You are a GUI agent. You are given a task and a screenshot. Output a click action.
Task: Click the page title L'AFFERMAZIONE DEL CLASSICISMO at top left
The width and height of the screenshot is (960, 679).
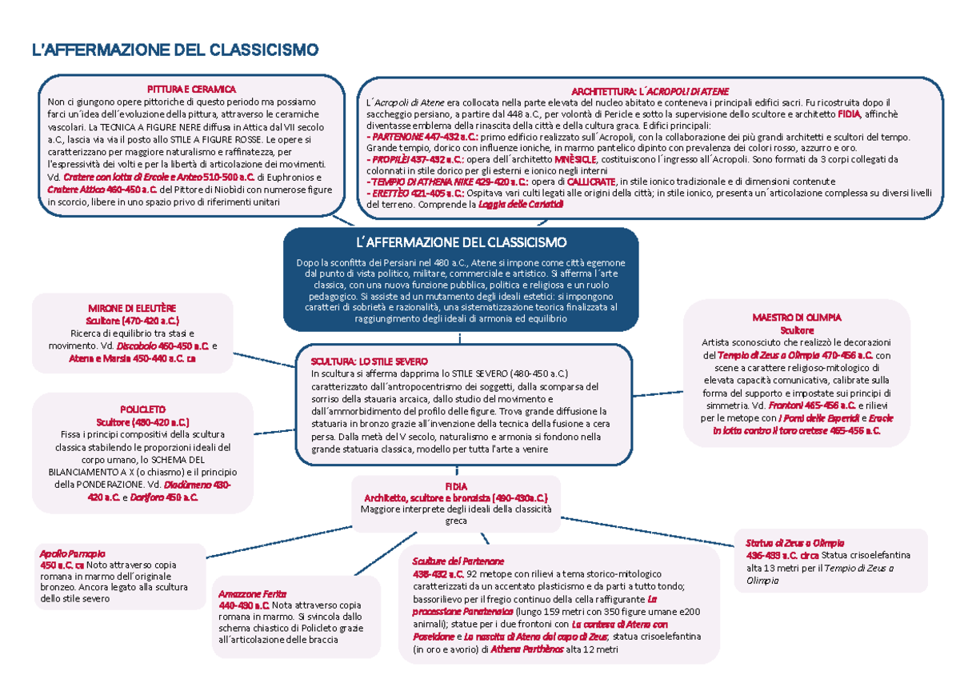pyautogui.click(x=174, y=51)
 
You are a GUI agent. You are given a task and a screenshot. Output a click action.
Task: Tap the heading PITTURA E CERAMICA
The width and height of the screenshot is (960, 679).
pyautogui.click(x=190, y=89)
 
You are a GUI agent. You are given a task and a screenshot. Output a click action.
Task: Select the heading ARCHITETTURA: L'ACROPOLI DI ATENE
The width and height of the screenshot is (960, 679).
pyautogui.click(x=649, y=91)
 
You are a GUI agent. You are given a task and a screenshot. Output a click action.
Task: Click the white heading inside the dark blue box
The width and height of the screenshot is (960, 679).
pyautogui.click(x=462, y=242)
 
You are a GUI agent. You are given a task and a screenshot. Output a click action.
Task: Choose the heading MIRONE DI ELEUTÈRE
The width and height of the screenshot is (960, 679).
pyautogui.click(x=132, y=308)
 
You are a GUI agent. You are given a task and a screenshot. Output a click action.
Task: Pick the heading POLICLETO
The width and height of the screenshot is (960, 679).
pyautogui.click(x=142, y=409)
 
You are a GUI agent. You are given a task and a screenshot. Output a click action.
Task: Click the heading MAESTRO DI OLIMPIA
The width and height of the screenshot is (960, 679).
pyautogui.click(x=796, y=318)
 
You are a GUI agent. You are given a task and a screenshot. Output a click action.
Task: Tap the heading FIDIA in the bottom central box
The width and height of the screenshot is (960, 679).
pyautogui.click(x=455, y=485)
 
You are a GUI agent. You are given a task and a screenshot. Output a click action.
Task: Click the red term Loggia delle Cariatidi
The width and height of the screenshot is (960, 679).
pyautogui.click(x=520, y=205)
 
